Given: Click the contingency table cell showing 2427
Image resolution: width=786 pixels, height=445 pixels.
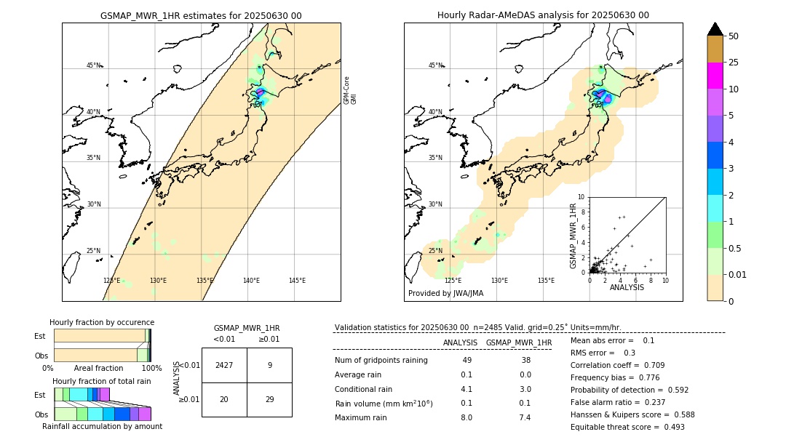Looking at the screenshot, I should click(224, 365).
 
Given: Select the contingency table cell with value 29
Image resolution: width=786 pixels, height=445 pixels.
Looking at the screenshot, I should click(269, 398).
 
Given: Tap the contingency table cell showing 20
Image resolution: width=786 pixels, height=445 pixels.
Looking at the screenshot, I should click(224, 398).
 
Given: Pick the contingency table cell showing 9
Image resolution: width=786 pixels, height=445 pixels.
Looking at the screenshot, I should click(269, 365).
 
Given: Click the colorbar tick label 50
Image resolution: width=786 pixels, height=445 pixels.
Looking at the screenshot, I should click(734, 36).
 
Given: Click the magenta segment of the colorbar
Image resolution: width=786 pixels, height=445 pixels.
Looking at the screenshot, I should click(715, 76).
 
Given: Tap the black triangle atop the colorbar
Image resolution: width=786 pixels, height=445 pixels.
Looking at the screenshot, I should click(715, 29).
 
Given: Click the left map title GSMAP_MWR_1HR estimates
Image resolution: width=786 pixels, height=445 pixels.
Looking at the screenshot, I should click(201, 15).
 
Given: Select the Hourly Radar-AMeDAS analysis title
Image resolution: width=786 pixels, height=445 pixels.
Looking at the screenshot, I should click(543, 15).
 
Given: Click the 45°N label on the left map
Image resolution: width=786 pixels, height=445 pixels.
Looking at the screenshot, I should click(94, 65).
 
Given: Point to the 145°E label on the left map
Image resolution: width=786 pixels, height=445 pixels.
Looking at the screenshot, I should click(297, 281).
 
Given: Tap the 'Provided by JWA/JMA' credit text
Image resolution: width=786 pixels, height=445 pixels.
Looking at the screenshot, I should click(445, 294).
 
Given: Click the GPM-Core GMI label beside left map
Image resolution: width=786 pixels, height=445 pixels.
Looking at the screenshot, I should click(350, 90).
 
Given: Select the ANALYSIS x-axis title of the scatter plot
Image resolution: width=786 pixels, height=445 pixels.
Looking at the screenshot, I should click(627, 287).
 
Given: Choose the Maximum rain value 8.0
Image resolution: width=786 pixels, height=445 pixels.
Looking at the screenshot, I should click(467, 417).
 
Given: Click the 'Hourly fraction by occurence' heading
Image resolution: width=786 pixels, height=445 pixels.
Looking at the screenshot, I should click(102, 322).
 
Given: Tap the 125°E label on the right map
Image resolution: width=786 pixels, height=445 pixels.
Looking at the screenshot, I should click(453, 281).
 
